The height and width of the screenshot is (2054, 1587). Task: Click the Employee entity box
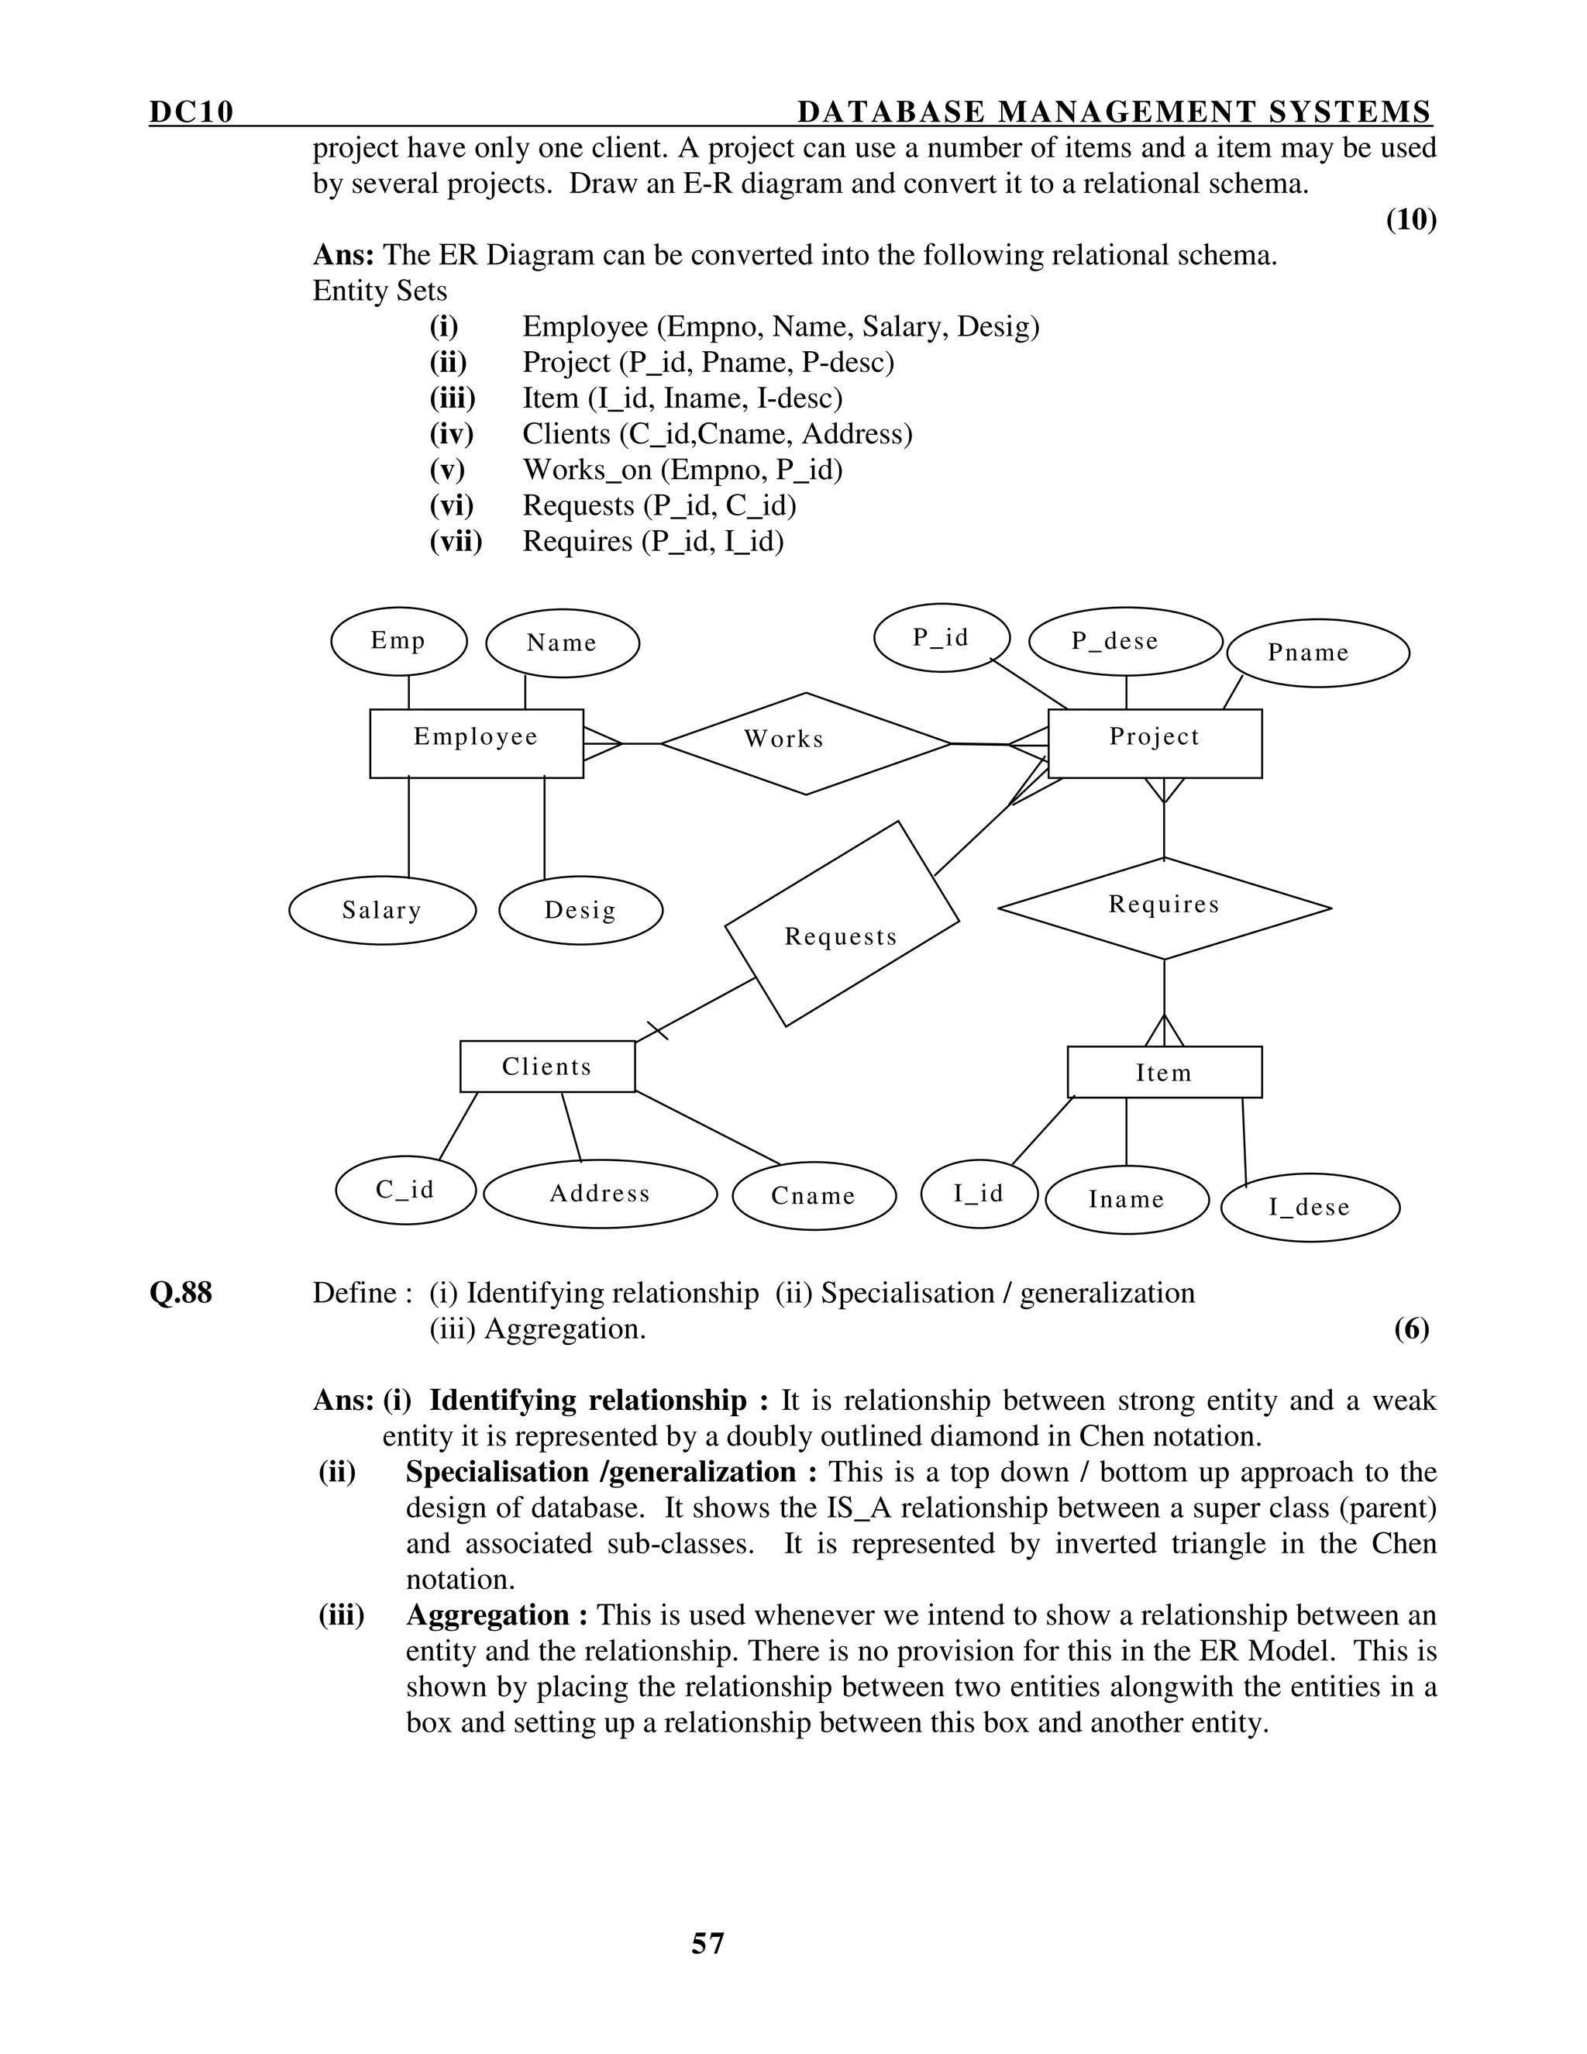pos(476,743)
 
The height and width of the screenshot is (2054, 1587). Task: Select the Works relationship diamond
pos(806,743)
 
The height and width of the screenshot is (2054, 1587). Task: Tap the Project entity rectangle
pos(1155,743)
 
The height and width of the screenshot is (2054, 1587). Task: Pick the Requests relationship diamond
pos(842,924)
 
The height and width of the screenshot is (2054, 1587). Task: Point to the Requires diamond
pos(1164,908)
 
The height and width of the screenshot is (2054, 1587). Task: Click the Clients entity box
pos(547,1067)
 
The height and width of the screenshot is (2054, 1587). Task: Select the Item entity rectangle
pos(1164,1072)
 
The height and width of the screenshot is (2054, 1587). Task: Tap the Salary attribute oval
pos(382,911)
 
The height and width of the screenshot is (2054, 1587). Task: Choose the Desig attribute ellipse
pos(580,911)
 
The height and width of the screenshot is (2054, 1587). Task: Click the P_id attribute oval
pos(941,639)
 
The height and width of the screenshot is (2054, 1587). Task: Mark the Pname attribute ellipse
pos(1317,653)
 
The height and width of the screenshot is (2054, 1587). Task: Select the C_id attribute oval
pos(405,1191)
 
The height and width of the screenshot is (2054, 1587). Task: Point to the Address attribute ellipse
pos(600,1194)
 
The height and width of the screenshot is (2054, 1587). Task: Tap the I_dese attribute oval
pos(1310,1208)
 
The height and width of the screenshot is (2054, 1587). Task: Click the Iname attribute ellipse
pos(1126,1199)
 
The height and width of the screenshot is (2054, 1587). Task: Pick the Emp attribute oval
pos(398,642)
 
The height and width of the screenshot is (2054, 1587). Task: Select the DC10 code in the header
pos(191,112)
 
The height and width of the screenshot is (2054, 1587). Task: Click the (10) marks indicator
pos(1410,219)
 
